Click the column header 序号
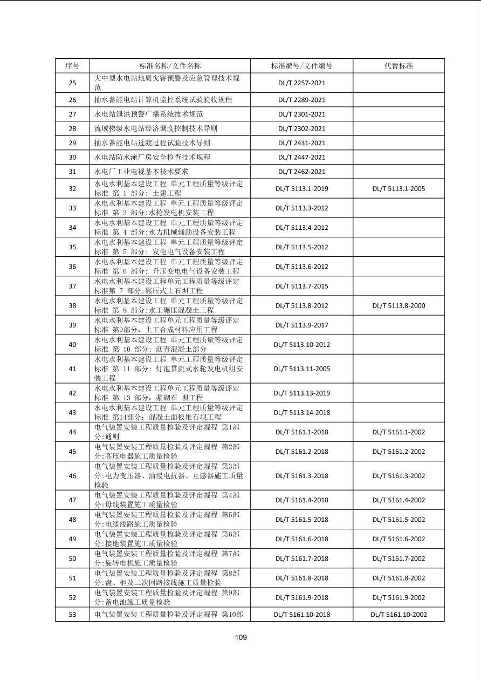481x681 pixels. click(x=72, y=66)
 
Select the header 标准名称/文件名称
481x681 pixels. click(x=170, y=66)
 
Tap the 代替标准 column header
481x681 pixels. click(x=398, y=66)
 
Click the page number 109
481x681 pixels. click(x=240, y=637)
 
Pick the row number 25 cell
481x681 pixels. click(x=72, y=83)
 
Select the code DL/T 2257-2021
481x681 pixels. click(x=301, y=83)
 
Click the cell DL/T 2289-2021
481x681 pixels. click(x=301, y=100)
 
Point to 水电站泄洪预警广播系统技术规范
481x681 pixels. click(x=148, y=114)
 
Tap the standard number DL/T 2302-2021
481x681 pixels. click(x=301, y=128)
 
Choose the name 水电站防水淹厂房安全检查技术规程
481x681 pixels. click(x=152, y=157)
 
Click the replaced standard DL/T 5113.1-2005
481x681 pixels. click(x=398, y=189)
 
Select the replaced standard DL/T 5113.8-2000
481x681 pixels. click(x=398, y=305)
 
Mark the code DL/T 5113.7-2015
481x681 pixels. click(x=301, y=286)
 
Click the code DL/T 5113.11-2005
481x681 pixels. click(x=301, y=369)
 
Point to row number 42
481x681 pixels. click(x=72, y=393)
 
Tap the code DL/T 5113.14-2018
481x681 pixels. click(x=301, y=413)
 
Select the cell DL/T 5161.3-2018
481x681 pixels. click(x=301, y=476)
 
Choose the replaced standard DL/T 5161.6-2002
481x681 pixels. click(x=398, y=539)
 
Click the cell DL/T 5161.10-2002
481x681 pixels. click(x=398, y=615)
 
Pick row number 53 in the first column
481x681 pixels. click(x=72, y=615)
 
